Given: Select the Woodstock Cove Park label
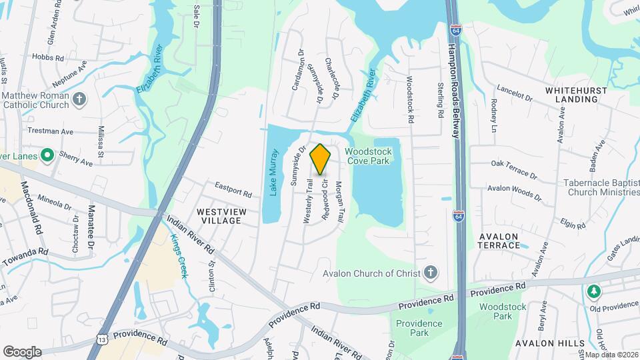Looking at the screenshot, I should click(368, 156).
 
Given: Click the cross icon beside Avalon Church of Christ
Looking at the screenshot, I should click(431, 272).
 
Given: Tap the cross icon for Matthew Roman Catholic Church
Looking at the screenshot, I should click(79, 100).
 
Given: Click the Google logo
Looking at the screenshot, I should click(22, 351).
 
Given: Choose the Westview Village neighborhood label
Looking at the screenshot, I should click(222, 216).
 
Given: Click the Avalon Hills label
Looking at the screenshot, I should click(550, 343).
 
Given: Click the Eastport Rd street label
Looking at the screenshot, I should click(233, 189).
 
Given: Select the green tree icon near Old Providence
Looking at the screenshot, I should click(593, 291).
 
